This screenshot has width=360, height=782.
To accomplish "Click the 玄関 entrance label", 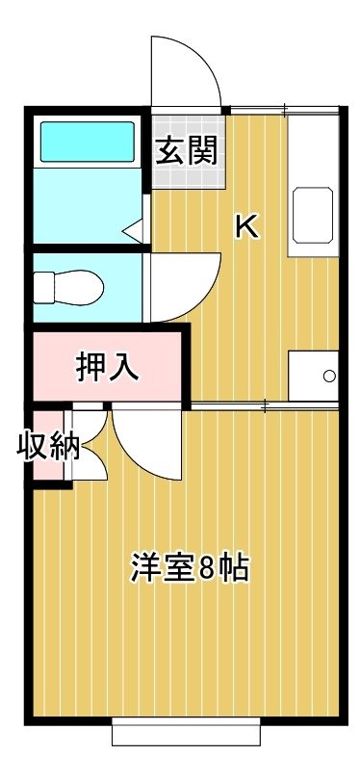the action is point(187,150).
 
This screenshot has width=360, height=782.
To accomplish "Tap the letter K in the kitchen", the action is point(246,227).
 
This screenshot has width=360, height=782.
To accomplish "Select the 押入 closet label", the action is point(107,367).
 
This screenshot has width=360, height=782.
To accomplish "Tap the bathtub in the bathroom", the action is point(88,143).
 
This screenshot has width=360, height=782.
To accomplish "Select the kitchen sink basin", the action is point(313,216).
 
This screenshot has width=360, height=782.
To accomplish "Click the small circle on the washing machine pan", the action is point(329,376).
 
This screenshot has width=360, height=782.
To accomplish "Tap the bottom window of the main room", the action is point(186,731).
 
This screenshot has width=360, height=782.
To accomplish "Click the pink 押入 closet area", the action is point(107,367).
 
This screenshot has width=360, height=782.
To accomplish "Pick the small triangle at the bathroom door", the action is point(133,231).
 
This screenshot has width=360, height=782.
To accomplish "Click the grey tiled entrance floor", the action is point(188,151).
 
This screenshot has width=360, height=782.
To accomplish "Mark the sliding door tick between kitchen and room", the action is point(265,406).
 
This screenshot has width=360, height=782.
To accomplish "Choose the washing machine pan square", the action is point(314,376).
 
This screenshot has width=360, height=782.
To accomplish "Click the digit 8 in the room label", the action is point(205,568).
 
